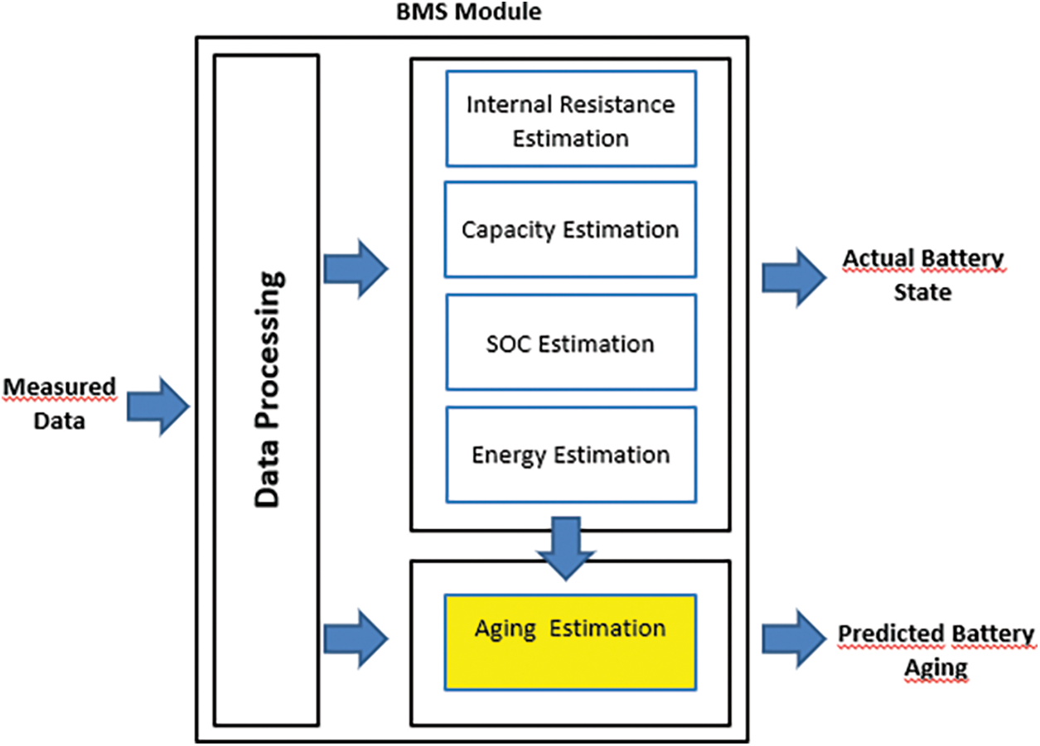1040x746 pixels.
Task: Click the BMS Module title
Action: (x=469, y=12)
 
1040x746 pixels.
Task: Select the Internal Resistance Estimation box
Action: (x=571, y=118)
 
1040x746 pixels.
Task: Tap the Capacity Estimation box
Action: (x=571, y=229)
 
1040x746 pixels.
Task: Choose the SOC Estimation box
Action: (x=571, y=343)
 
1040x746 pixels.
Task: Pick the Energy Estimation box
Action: (x=571, y=455)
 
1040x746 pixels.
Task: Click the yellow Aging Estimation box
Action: (x=571, y=643)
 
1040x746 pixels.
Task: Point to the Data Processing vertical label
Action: (x=268, y=389)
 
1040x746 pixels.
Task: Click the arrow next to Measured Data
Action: (x=158, y=407)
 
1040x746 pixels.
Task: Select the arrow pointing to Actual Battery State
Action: (x=794, y=277)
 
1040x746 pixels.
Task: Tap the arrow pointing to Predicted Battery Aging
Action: (x=794, y=639)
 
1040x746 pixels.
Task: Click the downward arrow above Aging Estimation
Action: (x=566, y=549)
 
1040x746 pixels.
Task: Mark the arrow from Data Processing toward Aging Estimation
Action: (x=356, y=639)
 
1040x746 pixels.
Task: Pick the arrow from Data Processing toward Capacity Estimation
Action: (x=356, y=268)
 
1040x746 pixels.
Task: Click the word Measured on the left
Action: (x=60, y=387)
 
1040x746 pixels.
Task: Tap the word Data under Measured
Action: (x=60, y=421)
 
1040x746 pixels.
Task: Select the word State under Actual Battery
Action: (x=922, y=292)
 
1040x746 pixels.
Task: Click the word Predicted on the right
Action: (x=891, y=633)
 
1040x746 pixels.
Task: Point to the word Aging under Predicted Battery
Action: (x=936, y=669)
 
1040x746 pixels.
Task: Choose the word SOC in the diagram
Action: (x=508, y=344)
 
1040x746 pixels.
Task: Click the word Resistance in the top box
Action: (x=617, y=104)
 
